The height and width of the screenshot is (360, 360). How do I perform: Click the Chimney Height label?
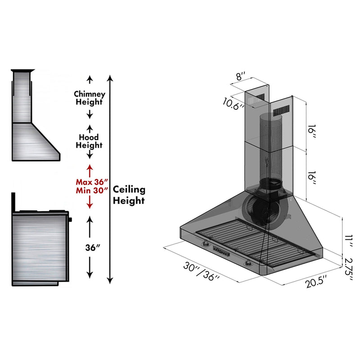[90, 98]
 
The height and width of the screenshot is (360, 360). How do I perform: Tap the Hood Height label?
[89, 141]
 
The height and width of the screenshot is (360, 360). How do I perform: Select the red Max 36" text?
[92, 182]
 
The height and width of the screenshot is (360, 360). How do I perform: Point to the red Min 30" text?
[92, 190]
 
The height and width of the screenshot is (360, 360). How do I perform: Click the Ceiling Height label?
[129, 194]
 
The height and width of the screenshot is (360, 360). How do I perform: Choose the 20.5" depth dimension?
[315, 284]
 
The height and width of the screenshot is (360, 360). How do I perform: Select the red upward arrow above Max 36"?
[90, 170]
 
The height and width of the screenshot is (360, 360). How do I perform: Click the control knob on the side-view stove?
[70, 220]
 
